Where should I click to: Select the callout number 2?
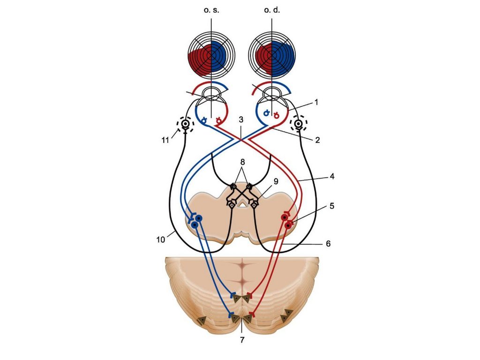[317, 140]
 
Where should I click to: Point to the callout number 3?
[240, 120]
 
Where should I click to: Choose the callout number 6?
[328, 244]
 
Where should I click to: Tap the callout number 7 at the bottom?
[242, 340]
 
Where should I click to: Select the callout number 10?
[160, 240]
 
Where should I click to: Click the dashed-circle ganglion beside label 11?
[186, 124]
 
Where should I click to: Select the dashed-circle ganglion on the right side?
[297, 124]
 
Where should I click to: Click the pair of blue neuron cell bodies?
[196, 221]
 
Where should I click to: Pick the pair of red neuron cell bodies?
[287, 221]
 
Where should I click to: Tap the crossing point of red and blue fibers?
[240, 139]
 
